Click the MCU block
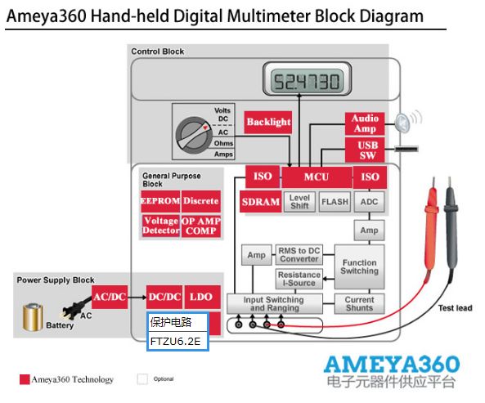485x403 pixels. [x=317, y=177]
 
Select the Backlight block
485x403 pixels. [x=268, y=123]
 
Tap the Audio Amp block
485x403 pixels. [x=365, y=123]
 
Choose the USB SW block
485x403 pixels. [x=365, y=150]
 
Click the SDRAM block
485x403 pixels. [x=260, y=201]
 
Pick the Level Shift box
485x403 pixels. [x=299, y=201]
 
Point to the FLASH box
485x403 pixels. [x=335, y=202]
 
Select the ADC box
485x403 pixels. [x=369, y=202]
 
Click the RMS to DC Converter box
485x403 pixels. [x=299, y=255]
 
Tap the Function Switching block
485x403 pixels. [x=359, y=266]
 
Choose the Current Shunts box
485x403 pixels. [x=359, y=304]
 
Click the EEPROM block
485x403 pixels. [x=160, y=201]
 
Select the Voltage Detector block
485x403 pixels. [x=160, y=226]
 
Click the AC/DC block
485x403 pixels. [x=110, y=297]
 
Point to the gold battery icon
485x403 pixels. [x=33, y=317]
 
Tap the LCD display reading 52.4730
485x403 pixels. [x=308, y=78]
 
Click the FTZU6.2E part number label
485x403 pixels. [x=175, y=341]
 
